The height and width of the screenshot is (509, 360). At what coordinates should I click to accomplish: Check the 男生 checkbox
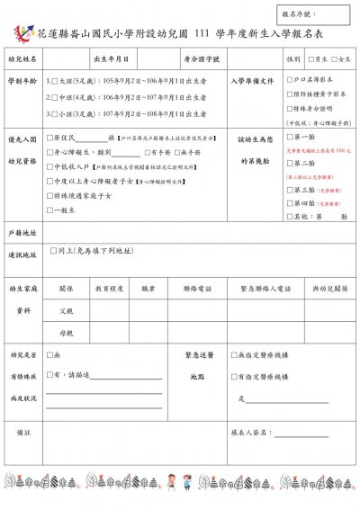pos(310,58)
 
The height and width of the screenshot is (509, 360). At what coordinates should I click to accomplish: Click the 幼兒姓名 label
pos(22,58)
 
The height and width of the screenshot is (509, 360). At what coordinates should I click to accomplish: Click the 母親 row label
pos(66,332)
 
